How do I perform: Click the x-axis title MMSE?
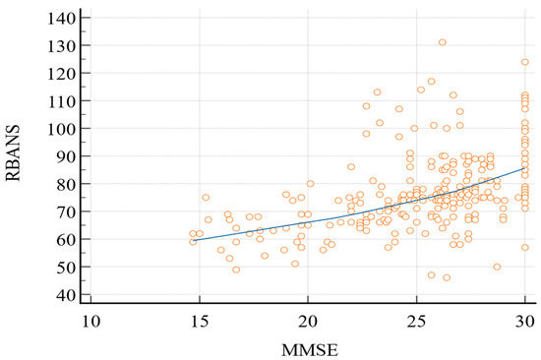tap(307, 345)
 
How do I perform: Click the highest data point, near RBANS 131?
tap(443, 42)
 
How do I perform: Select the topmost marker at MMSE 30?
tap(525, 62)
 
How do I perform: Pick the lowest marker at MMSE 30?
tap(525, 247)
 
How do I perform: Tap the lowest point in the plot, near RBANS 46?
tap(447, 277)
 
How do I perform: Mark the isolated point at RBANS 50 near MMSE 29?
tap(497, 267)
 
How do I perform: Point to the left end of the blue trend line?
tap(193, 238)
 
